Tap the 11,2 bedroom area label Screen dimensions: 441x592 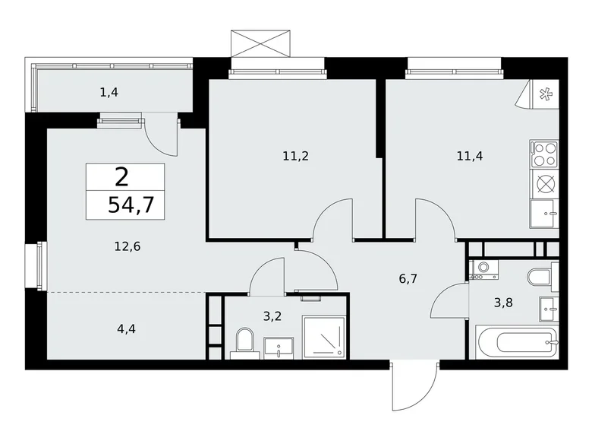point(296,157)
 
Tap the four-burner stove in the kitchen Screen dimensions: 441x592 point(544,154)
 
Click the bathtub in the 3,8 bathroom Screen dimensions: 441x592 point(516,343)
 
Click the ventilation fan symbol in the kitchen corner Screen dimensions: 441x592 point(544,95)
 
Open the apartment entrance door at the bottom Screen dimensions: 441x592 point(414,388)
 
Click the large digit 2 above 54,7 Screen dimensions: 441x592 point(121,176)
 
